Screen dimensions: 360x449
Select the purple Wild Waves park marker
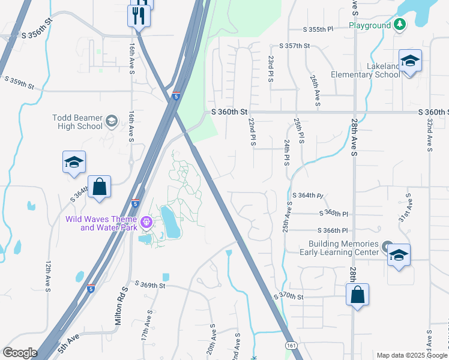pyautogui.click(x=146, y=223)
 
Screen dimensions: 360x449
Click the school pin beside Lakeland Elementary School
pyautogui.click(x=410, y=62)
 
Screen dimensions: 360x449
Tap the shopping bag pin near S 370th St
pyautogui.click(x=357, y=295)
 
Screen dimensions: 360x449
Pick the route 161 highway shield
pyautogui.click(x=291, y=346)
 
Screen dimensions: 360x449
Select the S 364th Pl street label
pyautogui.click(x=308, y=196)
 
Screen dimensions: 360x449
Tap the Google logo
pyautogui.click(x=20, y=352)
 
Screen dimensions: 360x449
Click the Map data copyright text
pyautogui.click(x=411, y=355)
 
